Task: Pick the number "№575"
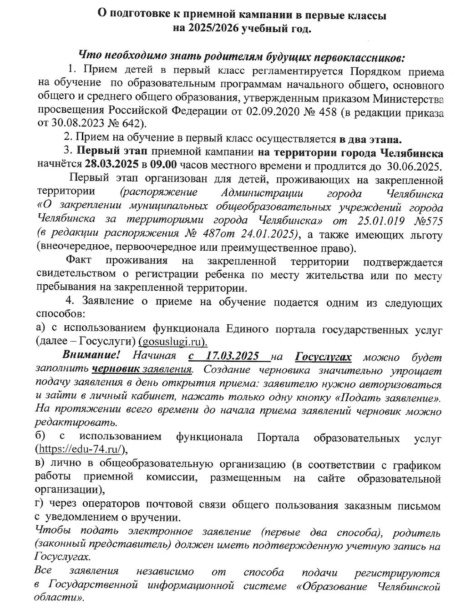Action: click(x=425, y=222)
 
